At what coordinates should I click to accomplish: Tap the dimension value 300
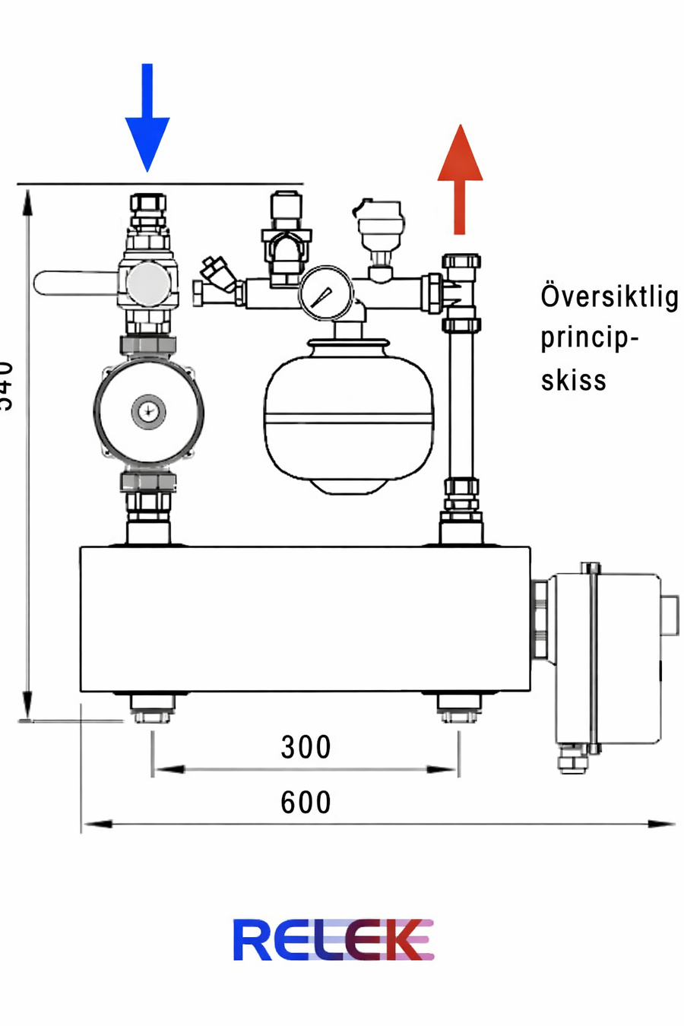[306, 747]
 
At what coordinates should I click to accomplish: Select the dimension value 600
[306, 803]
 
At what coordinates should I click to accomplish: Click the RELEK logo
[333, 940]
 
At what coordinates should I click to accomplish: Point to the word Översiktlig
[609, 296]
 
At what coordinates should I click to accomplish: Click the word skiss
[574, 380]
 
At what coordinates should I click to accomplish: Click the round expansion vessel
[349, 414]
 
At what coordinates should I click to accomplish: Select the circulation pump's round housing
[148, 411]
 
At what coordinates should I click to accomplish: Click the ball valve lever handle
[72, 283]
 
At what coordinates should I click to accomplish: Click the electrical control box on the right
[608, 657]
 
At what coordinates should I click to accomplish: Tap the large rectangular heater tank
[304, 619]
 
